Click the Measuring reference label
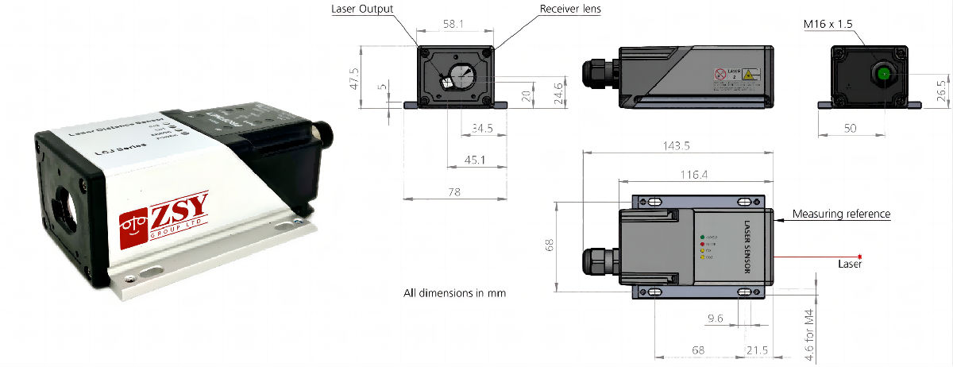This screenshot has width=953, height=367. [x=841, y=214]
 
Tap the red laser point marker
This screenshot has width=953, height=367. [x=859, y=257]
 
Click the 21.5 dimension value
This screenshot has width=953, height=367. [x=757, y=350]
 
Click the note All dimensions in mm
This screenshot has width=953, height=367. [x=454, y=293]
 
